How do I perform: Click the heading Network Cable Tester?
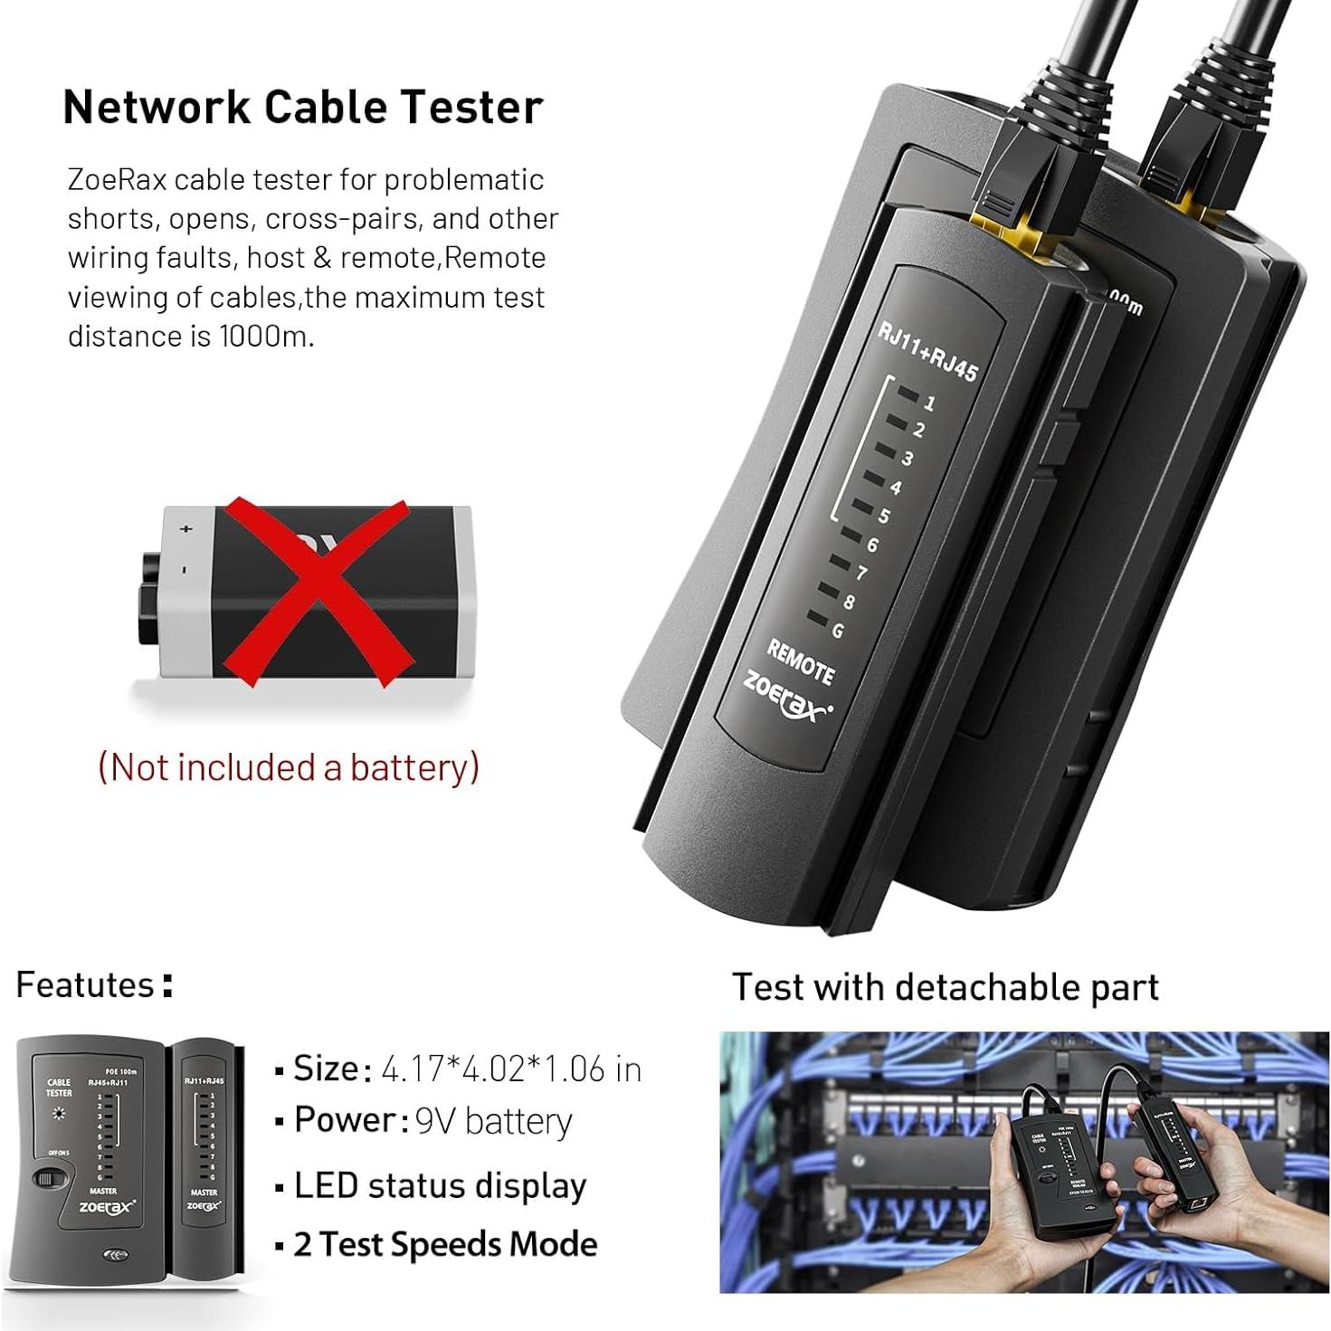[302, 107]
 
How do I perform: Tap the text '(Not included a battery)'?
[288, 767]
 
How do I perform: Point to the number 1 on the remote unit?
[929, 404]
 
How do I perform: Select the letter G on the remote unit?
[838, 631]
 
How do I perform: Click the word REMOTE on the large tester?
[801, 661]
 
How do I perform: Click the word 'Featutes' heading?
[86, 984]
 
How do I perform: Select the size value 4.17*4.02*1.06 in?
[511, 1070]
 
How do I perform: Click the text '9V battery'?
[493, 1122]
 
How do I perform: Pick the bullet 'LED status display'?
[440, 1185]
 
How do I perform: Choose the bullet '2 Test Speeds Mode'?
[444, 1244]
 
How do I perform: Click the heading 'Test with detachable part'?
[945, 987]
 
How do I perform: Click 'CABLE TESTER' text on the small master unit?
[59, 1087]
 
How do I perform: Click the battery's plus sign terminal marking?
[187, 528]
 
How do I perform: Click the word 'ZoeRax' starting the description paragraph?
[117, 180]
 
